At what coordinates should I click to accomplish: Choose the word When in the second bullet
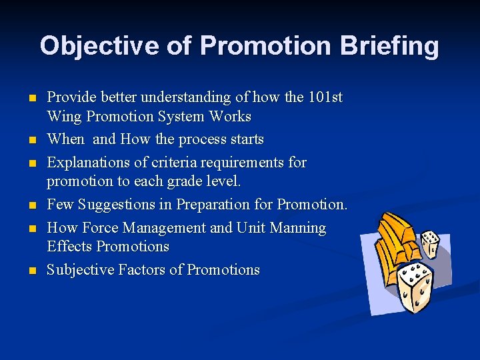pyautogui.click(x=66, y=139)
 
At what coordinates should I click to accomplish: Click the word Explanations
pyautogui.click(x=89, y=162)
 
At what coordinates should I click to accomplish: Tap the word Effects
pyautogui.click(x=70, y=247)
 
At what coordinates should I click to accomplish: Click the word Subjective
pyautogui.click(x=81, y=270)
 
